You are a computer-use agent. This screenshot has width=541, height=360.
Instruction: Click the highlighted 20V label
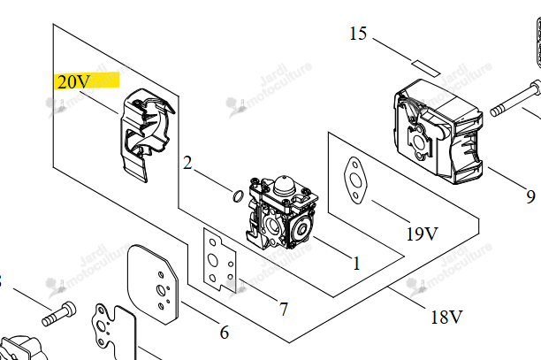[74, 82]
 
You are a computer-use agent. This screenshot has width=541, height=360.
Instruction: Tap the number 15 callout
[358, 34]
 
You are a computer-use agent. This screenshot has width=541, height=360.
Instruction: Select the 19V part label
[423, 234]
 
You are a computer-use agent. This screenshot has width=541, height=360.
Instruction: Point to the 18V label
[446, 317]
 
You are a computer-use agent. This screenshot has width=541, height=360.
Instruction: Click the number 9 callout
[530, 196]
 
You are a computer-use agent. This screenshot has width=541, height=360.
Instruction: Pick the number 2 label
[187, 163]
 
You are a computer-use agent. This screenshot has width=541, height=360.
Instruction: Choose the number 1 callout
[356, 264]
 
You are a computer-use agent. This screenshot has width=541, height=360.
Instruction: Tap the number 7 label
[283, 309]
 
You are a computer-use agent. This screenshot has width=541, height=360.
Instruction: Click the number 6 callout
[225, 333]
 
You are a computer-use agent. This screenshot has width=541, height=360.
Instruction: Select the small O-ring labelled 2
[238, 195]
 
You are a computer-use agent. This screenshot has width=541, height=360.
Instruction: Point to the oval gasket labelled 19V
[355, 180]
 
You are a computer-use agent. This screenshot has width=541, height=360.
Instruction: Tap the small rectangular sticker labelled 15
[426, 67]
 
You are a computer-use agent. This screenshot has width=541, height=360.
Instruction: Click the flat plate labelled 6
[153, 285]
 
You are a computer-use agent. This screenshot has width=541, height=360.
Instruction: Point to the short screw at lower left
[58, 314]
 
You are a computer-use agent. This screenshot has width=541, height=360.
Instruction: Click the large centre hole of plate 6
[160, 290]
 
